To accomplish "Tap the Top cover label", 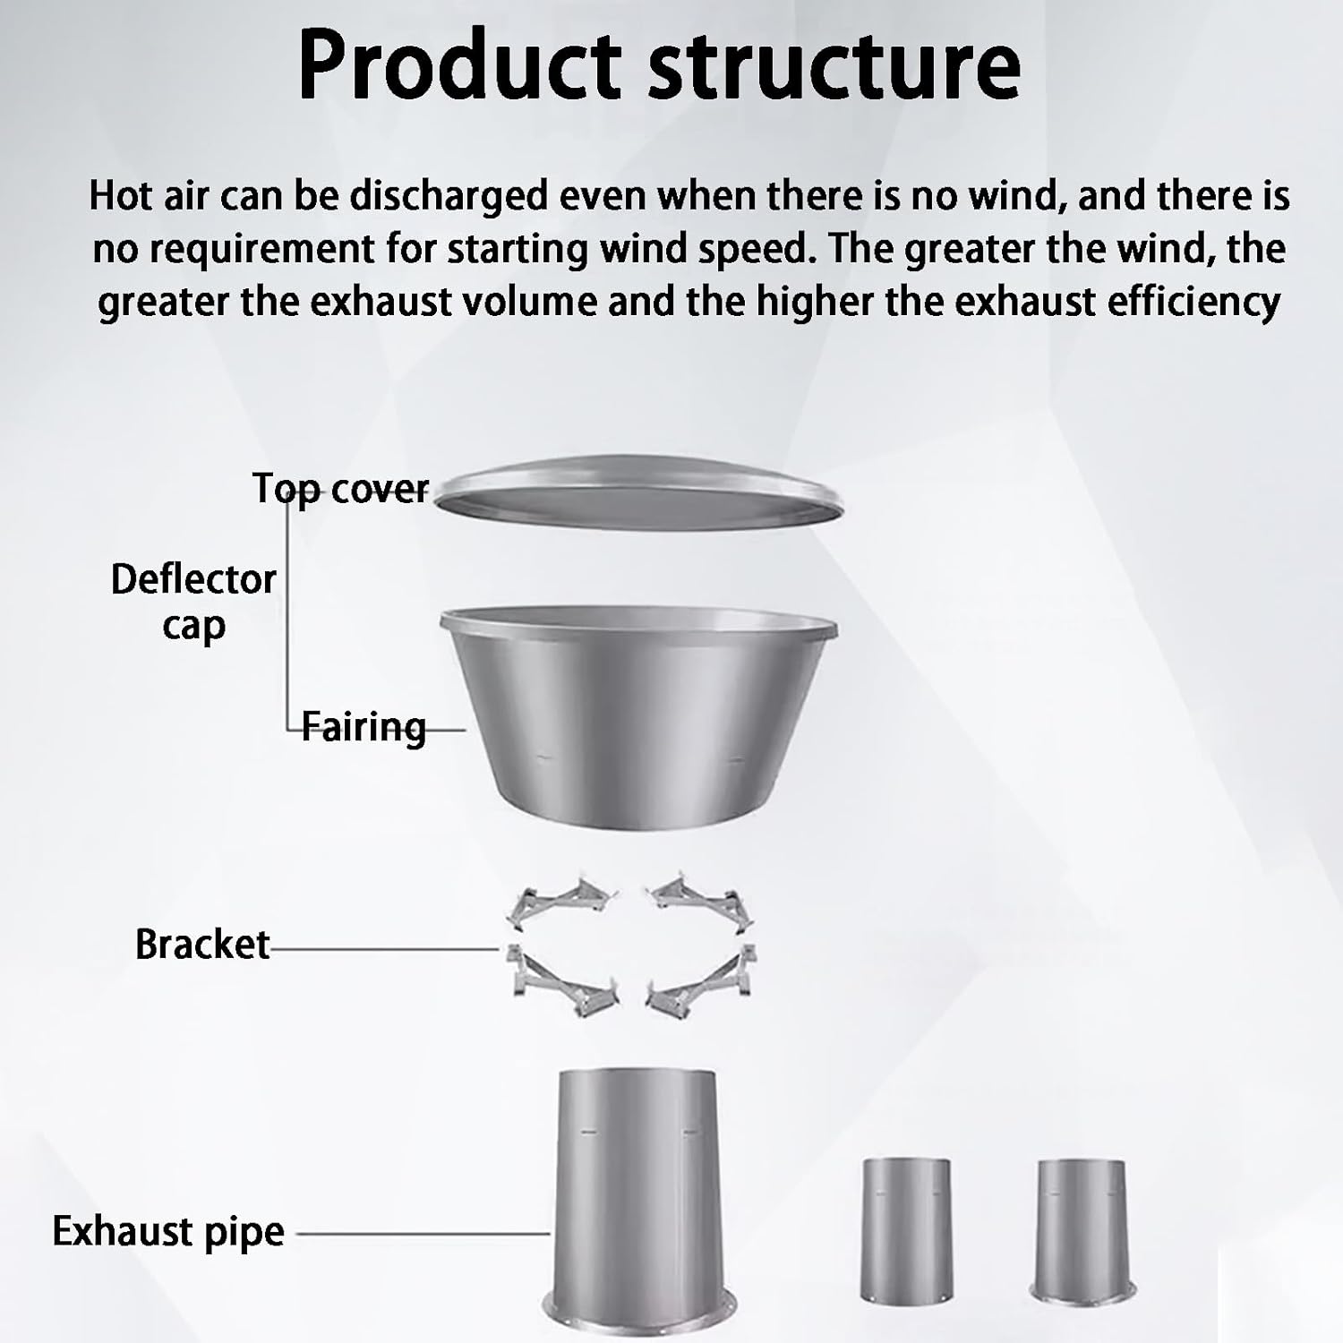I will pos(341,489).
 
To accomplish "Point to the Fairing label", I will pos(364,726).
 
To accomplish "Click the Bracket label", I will pos(202,945).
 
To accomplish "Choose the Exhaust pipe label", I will pos(168,1232).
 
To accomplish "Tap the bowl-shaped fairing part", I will pos(638,707).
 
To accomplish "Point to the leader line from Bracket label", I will pos(385,948).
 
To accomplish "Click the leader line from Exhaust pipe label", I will pos(421,1234).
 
